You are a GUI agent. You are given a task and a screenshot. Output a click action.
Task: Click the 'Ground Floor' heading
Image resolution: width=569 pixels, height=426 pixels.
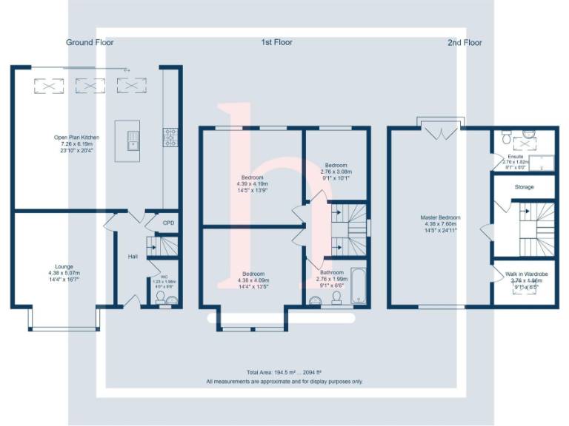(90, 43)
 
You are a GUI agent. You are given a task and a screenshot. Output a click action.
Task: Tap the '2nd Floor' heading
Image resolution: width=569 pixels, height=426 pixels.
(465, 43)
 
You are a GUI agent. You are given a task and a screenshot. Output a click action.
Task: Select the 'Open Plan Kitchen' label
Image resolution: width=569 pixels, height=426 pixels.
(76, 138)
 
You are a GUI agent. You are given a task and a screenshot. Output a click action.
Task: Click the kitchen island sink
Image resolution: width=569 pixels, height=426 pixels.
(133, 138)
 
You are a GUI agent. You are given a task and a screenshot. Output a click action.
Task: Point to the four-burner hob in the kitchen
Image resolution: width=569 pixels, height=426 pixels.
(169, 135)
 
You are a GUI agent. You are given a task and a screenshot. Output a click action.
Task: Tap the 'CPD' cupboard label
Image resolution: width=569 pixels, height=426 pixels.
(169, 222)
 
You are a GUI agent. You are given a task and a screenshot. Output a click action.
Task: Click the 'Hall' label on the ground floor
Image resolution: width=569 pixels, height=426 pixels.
(133, 257)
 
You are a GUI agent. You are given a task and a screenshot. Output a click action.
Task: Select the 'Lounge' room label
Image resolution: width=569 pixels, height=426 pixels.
(64, 266)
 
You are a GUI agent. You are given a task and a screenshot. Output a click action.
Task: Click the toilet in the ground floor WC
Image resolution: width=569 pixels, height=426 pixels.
(159, 298)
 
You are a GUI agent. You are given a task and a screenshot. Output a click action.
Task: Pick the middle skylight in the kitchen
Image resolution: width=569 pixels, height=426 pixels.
(90, 87)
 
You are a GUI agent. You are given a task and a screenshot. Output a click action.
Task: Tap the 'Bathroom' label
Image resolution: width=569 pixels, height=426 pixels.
(331, 272)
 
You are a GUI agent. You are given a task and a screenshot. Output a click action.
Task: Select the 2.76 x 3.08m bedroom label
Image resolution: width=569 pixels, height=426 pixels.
(336, 166)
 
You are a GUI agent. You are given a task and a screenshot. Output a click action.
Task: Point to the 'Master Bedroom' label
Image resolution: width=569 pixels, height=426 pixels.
(440, 217)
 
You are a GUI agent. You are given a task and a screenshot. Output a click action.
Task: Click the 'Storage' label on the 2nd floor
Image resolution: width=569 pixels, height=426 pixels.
(524, 187)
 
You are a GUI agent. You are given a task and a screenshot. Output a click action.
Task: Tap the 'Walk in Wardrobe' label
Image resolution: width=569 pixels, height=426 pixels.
(526, 274)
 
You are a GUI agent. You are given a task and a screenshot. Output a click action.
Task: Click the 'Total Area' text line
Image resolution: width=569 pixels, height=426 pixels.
(284, 371)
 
